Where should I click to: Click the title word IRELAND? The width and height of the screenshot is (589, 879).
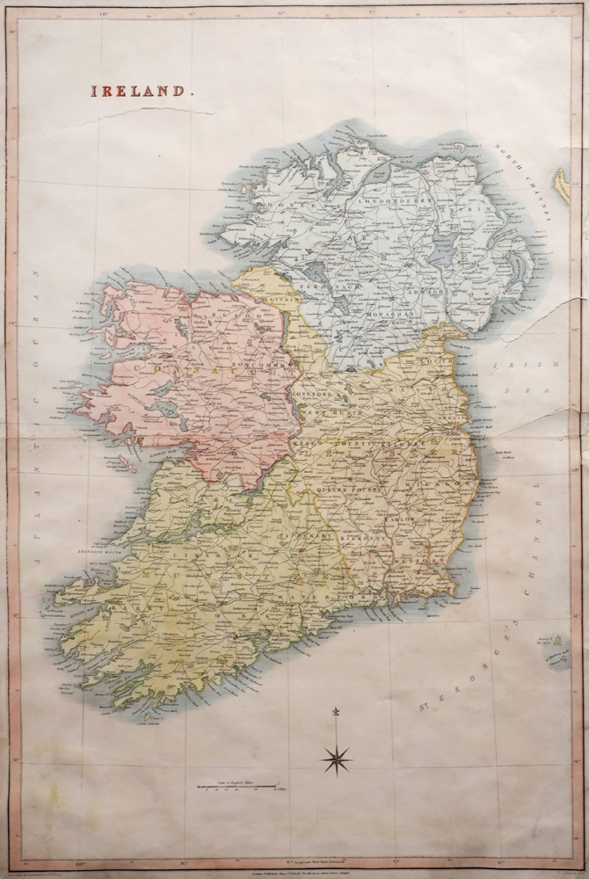tap(136, 91)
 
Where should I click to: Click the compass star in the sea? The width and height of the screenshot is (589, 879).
tap(337, 759)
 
